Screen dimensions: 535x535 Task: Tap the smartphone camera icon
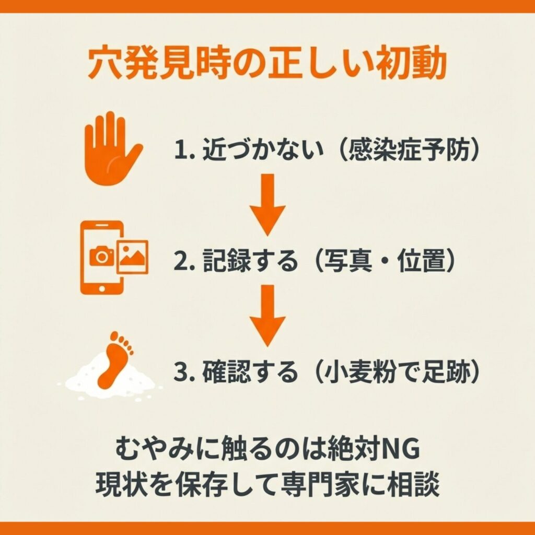point(102,258)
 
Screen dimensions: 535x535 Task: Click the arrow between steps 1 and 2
point(267,205)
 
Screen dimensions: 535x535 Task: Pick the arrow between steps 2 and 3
point(267,316)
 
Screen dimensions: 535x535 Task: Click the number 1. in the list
point(184,150)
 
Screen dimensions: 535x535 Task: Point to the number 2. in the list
point(184,262)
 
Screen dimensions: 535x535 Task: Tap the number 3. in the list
point(184,373)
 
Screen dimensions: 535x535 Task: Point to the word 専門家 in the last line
point(319,484)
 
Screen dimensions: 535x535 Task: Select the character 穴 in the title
point(104,63)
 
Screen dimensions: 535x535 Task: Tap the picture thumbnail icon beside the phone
point(133,257)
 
